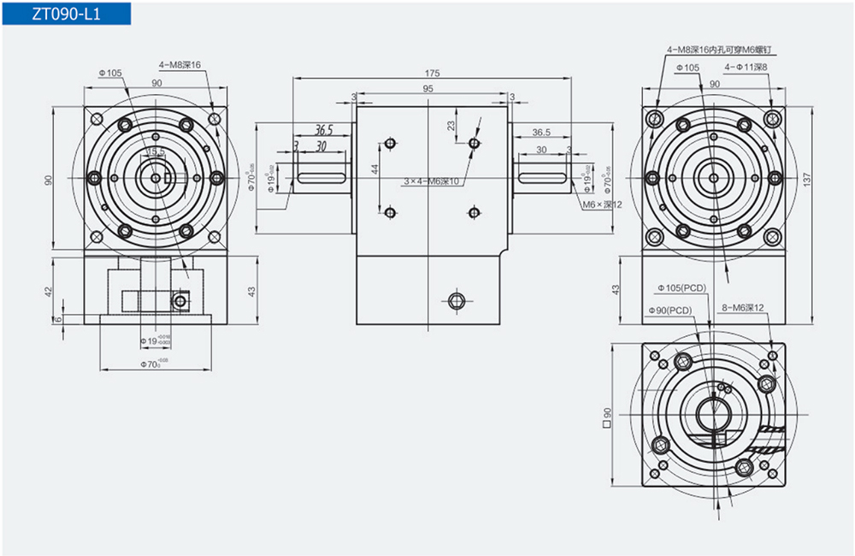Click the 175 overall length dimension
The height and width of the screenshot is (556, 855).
point(432,73)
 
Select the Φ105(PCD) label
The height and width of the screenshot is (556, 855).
point(681,288)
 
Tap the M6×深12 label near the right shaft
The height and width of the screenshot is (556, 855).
point(599,205)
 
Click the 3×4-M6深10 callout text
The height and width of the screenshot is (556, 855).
point(432,181)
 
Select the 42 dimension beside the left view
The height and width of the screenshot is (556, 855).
point(49,291)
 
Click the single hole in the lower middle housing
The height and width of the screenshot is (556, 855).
point(456,299)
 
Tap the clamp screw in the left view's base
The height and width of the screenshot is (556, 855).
point(180,300)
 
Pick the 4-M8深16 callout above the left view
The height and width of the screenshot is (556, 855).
point(180,65)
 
